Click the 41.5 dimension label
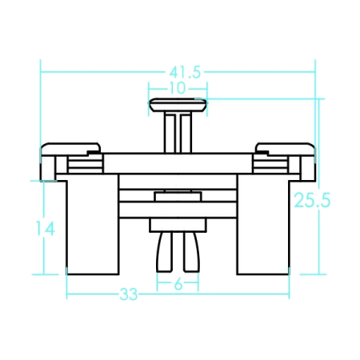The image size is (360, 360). (185, 73)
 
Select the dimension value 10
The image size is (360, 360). (178, 88)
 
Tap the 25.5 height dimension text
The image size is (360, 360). (312, 200)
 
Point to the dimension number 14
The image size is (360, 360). (46, 228)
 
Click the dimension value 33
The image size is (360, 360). (129, 294)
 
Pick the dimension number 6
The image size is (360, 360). (178, 284)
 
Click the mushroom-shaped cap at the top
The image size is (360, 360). (178, 105)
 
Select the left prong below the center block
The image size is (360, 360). (165, 252)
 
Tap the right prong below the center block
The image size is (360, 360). (191, 252)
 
